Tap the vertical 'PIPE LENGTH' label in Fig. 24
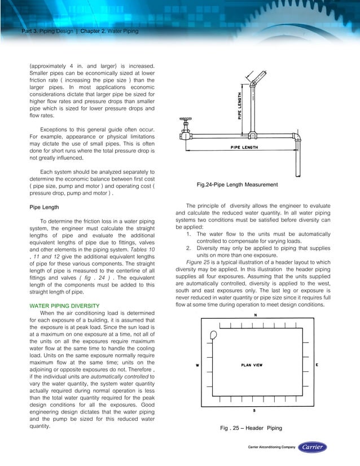pyautogui.click(x=240, y=105)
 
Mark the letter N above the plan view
pyautogui.click(x=254, y=315)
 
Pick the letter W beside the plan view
pyautogui.click(x=196, y=365)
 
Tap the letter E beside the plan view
pyautogui.click(x=317, y=365)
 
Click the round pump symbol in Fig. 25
pyautogui.click(x=212, y=335)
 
